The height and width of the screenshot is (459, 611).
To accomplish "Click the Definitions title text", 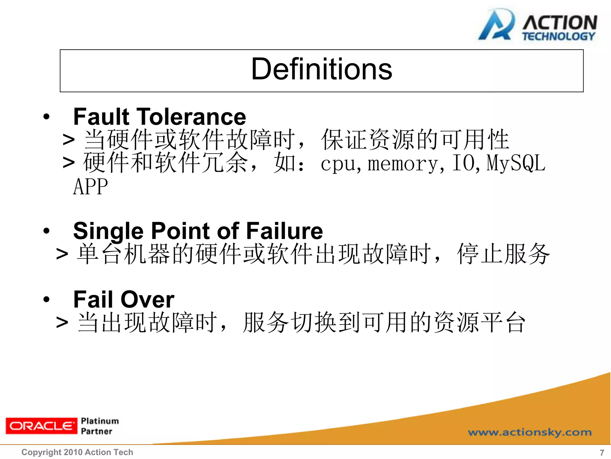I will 321,69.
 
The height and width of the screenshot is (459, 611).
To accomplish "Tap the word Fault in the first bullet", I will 101,117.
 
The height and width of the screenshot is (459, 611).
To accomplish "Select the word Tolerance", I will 191,117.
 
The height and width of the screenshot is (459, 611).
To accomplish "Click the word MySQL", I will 516,163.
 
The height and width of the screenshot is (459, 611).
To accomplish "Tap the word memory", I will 402,164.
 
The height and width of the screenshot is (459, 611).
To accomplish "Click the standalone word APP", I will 90,187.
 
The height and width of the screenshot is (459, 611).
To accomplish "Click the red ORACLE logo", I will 41,426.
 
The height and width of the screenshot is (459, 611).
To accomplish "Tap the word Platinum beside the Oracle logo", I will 100,421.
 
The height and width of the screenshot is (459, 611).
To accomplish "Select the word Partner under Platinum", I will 97,431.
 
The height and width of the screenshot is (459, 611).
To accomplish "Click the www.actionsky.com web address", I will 530,432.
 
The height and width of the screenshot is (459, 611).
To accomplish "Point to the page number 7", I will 602,452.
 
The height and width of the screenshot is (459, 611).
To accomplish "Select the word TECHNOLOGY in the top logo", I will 558,36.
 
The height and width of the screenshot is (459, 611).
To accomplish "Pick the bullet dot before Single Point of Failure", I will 46,231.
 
